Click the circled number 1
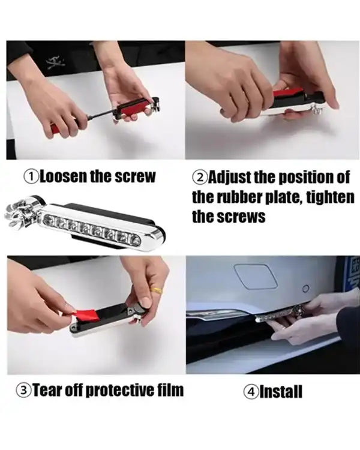tap(31, 177)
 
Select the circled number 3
tap(23, 391)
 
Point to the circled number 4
tap(251, 392)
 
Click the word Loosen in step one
tap(63, 176)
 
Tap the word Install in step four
tap(281, 392)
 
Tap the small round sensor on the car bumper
tap(306, 288)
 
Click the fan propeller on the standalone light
tap(20, 214)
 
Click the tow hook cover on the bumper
tap(255, 276)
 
